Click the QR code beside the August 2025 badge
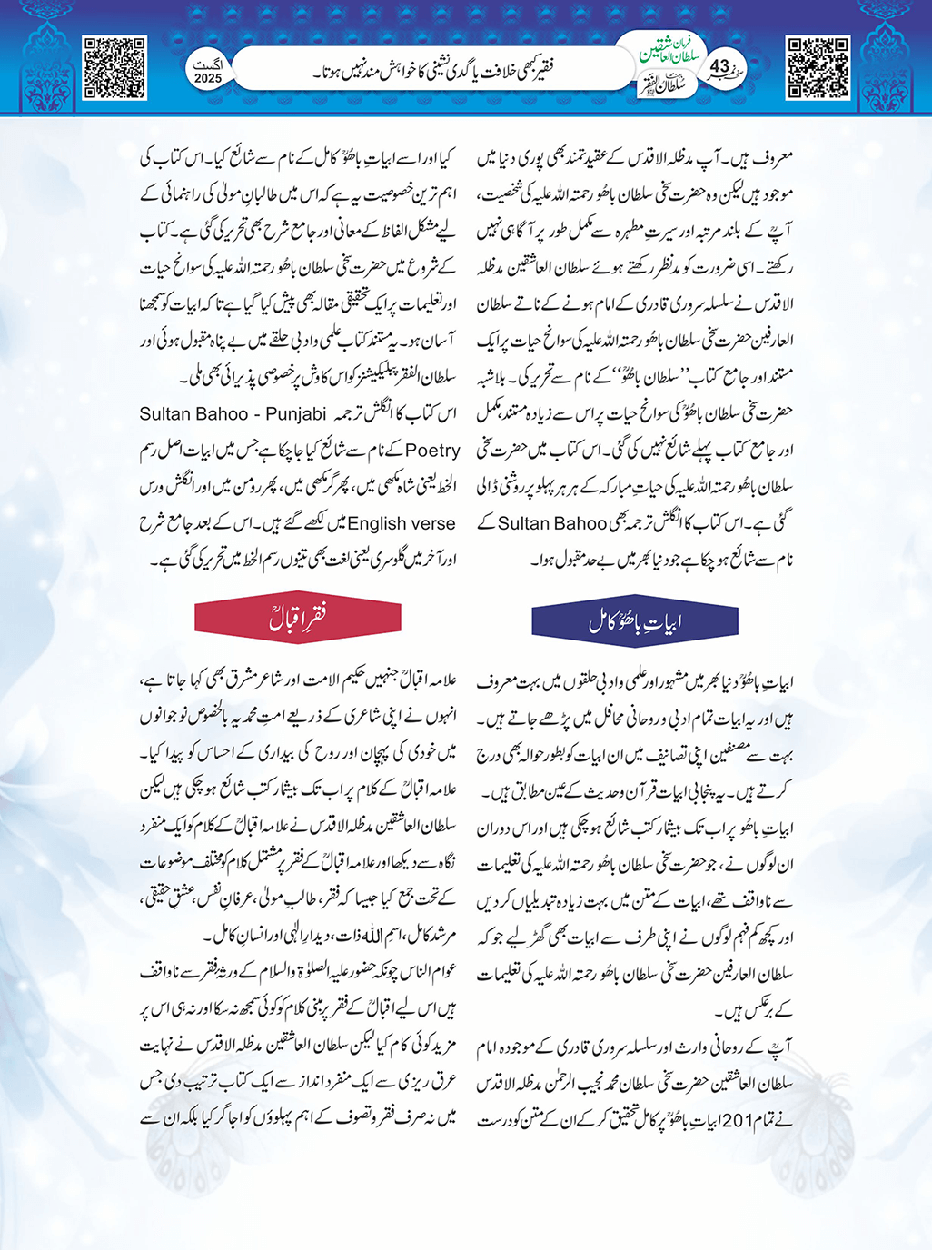[x=114, y=67]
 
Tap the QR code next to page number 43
[x=818, y=67]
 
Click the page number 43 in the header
[x=719, y=66]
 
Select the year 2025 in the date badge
[x=207, y=79]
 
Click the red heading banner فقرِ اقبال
[x=297, y=620]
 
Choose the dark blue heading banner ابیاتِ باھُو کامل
[x=634, y=621]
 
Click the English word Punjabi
[x=294, y=414]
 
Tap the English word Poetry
[x=432, y=451]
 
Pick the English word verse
[x=432, y=524]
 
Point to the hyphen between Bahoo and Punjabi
[x=256, y=414]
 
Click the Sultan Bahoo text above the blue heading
[x=551, y=523]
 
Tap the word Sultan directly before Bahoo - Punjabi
[x=166, y=414]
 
